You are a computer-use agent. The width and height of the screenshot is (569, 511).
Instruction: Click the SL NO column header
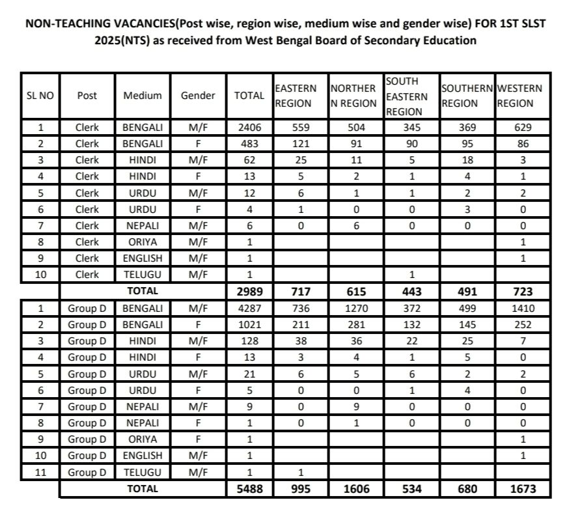coord(40,96)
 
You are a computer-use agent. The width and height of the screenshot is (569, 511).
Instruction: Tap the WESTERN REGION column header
coord(520,96)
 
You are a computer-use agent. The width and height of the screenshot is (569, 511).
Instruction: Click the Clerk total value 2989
coord(249,291)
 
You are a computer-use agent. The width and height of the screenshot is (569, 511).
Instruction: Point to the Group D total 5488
coord(249,488)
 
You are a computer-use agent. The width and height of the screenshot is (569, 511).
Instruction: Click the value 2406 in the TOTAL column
coord(249,128)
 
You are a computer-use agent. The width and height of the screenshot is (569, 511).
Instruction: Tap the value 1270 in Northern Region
coord(354,308)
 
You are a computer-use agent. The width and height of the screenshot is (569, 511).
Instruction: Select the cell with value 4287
coord(249,308)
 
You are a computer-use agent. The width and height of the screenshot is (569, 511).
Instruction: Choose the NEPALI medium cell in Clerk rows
coord(143,226)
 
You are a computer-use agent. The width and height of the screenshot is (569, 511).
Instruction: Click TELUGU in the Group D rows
coord(143,471)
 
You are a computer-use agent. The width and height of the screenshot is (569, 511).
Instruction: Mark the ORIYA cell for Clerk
coord(143,242)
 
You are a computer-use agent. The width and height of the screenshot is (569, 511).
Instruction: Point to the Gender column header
coord(198,96)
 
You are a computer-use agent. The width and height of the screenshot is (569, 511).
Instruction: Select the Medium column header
coord(143,96)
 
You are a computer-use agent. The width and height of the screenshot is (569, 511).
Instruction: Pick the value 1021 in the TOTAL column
coord(249,324)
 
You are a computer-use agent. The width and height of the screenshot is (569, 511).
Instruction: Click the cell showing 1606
coord(354,488)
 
